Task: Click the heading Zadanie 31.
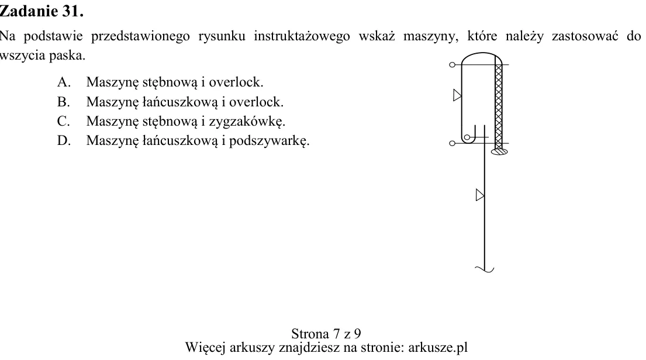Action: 42,11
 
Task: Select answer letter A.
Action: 64,82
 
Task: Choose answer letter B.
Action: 64,102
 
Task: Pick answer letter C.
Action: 64,121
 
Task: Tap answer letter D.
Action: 64,140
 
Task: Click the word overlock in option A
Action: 236,82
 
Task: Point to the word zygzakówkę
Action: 247,122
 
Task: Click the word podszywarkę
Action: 269,141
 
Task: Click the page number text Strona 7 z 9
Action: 326,333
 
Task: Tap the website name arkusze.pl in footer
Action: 438,347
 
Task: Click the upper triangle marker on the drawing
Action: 457,96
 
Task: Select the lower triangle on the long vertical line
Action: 480,195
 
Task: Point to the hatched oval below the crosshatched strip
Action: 499,151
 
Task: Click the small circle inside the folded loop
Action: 467,137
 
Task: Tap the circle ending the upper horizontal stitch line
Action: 452,65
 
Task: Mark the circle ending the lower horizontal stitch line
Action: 452,143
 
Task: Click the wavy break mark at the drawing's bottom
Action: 485,269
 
